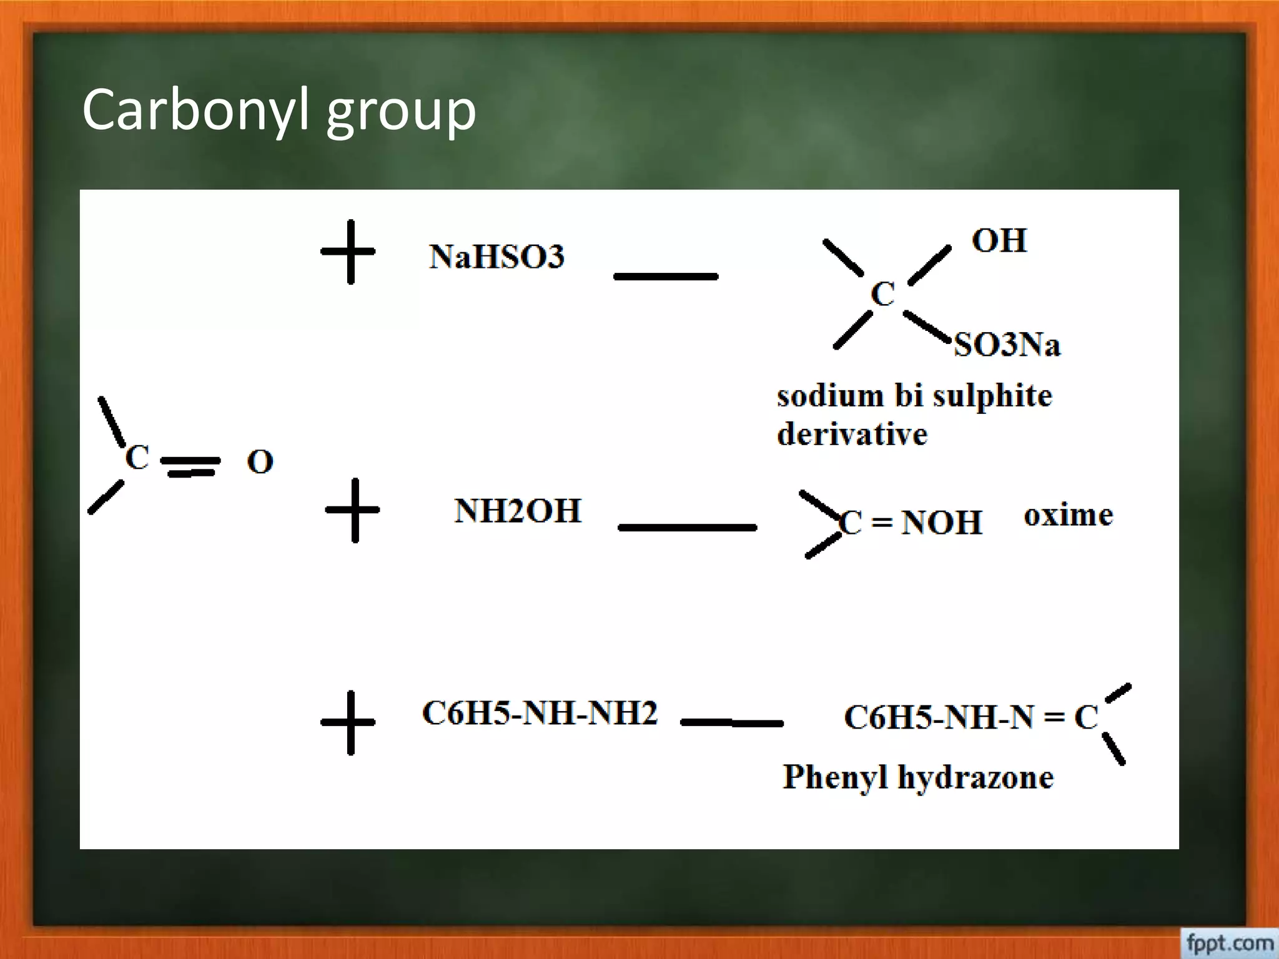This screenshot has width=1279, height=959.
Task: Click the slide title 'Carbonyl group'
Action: pyautogui.click(x=279, y=111)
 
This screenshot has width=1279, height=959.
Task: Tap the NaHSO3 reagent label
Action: pyautogui.click(x=496, y=257)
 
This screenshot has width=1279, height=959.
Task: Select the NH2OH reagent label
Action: pyautogui.click(x=518, y=511)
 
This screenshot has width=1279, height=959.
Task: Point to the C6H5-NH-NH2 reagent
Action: pyautogui.click(x=540, y=714)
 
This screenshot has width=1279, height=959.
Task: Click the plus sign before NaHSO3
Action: pyautogui.click(x=348, y=252)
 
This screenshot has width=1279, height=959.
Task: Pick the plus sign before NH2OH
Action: pyautogui.click(x=353, y=510)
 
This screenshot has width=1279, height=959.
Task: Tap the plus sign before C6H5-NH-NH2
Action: pyautogui.click(x=348, y=722)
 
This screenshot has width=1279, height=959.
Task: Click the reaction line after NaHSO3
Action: pyautogui.click(x=666, y=276)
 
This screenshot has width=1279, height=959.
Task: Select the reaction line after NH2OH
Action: pyautogui.click(x=687, y=528)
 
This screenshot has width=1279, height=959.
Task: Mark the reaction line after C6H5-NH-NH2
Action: pyautogui.click(x=732, y=723)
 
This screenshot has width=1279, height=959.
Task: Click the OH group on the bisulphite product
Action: pyautogui.click(x=999, y=241)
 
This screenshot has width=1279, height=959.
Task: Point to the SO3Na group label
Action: pyautogui.click(x=1007, y=345)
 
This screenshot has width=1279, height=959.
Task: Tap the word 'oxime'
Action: pyautogui.click(x=1068, y=516)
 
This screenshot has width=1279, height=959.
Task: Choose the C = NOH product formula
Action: pyautogui.click(x=911, y=523)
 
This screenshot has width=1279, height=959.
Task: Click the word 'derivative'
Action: pyautogui.click(x=852, y=434)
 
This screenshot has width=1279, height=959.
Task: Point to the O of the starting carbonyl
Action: pyautogui.click(x=260, y=462)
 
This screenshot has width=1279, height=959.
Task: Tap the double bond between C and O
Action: pyautogui.click(x=190, y=466)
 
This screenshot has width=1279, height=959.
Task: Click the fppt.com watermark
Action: pyautogui.click(x=1229, y=943)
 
